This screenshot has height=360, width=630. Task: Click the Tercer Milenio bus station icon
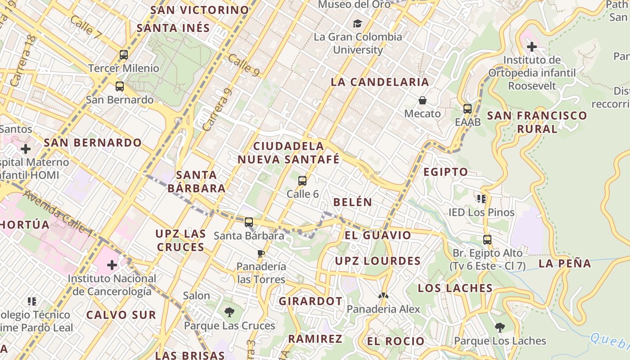(x=124, y=55)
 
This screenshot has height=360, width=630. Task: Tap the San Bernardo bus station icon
(x=119, y=86)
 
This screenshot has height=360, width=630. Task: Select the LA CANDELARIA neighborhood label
(x=380, y=82)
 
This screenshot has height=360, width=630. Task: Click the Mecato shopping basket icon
(x=422, y=100)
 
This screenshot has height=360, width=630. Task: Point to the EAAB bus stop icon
(x=468, y=108)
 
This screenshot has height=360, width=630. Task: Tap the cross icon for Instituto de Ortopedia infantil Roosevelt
(x=532, y=46)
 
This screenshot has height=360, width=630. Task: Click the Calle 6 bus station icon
(x=302, y=181)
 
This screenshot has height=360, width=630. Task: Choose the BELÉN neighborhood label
(x=352, y=202)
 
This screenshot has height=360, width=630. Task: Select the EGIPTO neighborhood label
(x=445, y=171)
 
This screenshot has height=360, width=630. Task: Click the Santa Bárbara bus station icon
(x=249, y=222)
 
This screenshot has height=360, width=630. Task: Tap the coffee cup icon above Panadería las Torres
(x=261, y=253)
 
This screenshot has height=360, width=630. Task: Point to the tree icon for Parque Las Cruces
(x=229, y=312)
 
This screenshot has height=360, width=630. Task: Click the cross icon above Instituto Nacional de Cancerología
(x=112, y=265)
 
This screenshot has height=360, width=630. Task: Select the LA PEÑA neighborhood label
(x=565, y=264)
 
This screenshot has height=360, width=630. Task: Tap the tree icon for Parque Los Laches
(x=499, y=327)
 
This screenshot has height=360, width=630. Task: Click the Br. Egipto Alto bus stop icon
(x=487, y=239)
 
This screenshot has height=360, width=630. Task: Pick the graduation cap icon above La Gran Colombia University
(x=357, y=23)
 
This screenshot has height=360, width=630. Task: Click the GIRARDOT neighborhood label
(x=310, y=301)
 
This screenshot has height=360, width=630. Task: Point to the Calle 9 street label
(x=243, y=65)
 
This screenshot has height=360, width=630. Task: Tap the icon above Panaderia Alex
(x=383, y=296)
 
